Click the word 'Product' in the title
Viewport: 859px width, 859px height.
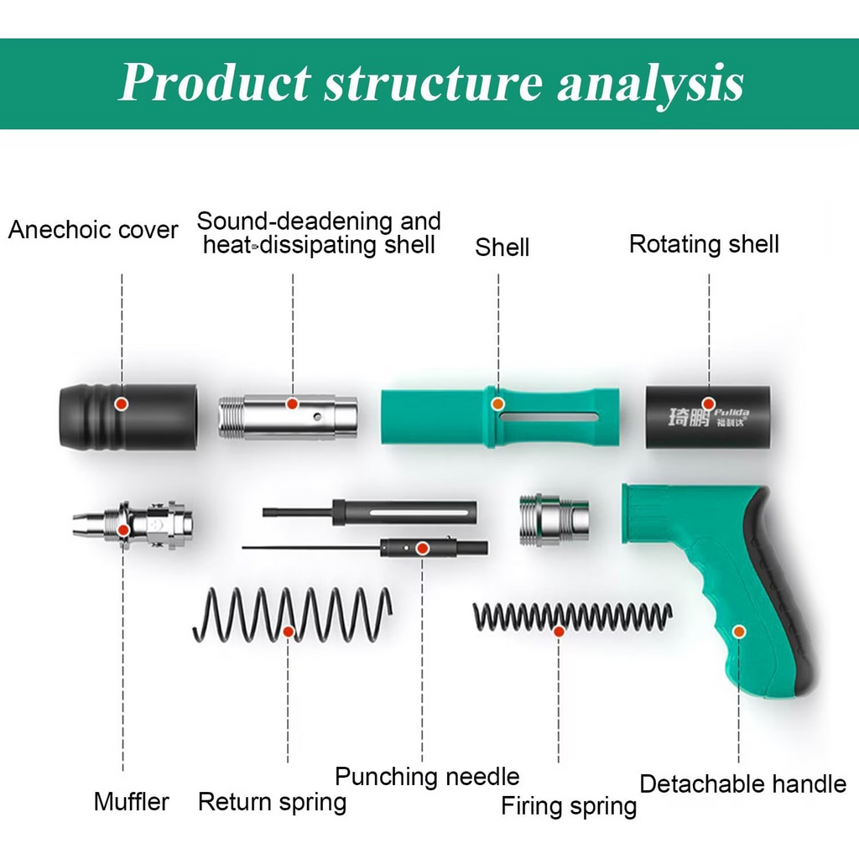(214, 82)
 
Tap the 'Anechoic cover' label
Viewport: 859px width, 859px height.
(93, 230)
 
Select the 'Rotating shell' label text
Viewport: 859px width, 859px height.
(704, 244)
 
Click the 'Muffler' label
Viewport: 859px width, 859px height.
(131, 801)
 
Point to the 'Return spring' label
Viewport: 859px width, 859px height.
(272, 802)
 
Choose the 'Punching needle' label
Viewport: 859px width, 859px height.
(427, 777)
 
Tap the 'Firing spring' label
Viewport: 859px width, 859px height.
(569, 806)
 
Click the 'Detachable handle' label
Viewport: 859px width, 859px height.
(742, 784)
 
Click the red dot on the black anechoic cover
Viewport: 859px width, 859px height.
(122, 403)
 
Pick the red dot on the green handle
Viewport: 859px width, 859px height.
(739, 631)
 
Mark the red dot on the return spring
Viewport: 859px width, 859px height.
(288, 631)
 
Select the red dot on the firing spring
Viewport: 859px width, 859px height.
(559, 631)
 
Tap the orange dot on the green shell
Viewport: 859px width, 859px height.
(498, 403)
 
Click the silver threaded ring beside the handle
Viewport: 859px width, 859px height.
(554, 519)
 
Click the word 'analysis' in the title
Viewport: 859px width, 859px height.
(651, 82)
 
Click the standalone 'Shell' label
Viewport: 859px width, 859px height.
(502, 247)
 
